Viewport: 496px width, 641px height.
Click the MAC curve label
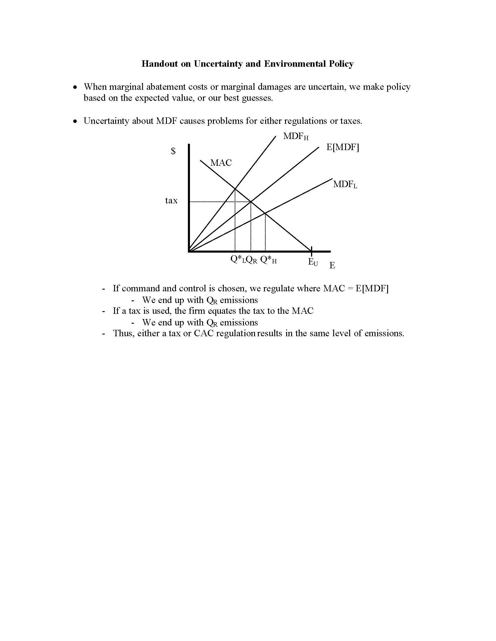(x=221, y=163)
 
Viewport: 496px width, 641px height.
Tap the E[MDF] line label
(x=343, y=147)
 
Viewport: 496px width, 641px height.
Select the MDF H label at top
(x=296, y=136)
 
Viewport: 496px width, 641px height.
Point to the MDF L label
(x=345, y=184)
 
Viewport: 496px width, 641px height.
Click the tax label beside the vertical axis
(x=171, y=201)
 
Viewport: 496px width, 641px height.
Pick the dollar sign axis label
(x=173, y=151)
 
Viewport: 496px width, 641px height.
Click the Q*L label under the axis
(x=237, y=259)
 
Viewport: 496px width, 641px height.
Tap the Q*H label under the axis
(x=268, y=260)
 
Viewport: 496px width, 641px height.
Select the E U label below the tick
(x=313, y=262)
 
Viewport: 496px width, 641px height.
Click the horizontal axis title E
(x=332, y=265)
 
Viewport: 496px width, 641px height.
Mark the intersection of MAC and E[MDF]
(x=251, y=202)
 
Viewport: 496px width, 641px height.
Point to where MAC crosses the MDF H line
(x=235, y=188)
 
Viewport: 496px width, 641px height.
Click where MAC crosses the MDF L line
(x=265, y=213)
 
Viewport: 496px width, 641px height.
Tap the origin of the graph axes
(x=189, y=251)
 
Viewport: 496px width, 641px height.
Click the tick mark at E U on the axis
(x=312, y=251)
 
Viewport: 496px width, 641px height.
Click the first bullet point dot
(x=76, y=87)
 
